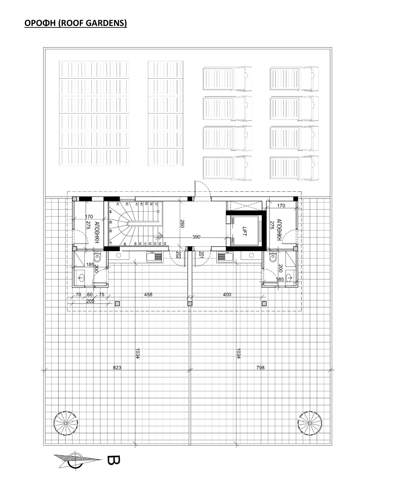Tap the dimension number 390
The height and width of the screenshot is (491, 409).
pos(196,237)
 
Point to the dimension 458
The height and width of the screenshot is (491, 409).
pos(148,294)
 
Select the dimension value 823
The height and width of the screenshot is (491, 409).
pos(117,368)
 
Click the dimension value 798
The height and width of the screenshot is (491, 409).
pos(260,368)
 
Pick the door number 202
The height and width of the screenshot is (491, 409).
pos(178,254)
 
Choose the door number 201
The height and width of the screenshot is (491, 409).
pos(201,254)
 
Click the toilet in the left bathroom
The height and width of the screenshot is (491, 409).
pos(97,258)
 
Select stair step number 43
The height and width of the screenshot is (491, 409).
pos(118,204)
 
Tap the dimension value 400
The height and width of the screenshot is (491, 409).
pos(227,294)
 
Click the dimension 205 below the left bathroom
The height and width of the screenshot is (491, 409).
pos(90,301)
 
